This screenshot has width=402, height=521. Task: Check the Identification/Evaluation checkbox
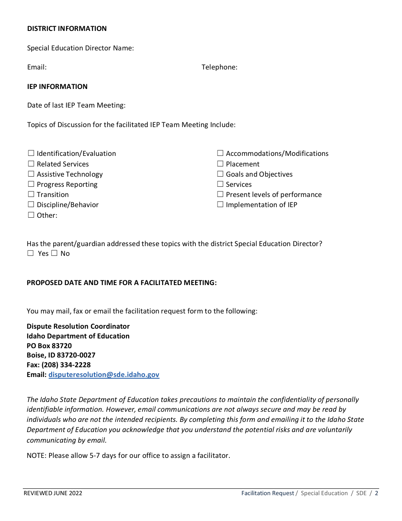click(x=31, y=153)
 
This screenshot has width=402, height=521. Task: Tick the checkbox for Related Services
click(x=31, y=164)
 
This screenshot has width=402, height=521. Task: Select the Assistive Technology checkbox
click(x=31, y=174)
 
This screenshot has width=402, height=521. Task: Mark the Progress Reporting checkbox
click(x=31, y=184)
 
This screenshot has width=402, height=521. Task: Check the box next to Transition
click(x=31, y=194)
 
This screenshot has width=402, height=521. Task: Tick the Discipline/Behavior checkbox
click(x=31, y=205)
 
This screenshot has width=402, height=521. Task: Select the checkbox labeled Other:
click(x=31, y=215)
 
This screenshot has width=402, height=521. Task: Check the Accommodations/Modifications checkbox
click(x=220, y=153)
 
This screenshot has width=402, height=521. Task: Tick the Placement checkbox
click(x=220, y=164)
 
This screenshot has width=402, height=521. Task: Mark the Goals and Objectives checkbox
click(x=220, y=174)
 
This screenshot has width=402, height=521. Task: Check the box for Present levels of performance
click(x=220, y=194)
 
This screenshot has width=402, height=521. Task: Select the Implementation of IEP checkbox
click(x=220, y=205)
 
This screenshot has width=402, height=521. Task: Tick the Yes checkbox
click(x=30, y=253)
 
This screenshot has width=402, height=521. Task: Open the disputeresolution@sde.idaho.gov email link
click(x=104, y=374)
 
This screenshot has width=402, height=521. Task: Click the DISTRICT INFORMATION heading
click(x=67, y=28)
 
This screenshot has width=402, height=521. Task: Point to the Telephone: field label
click(x=219, y=67)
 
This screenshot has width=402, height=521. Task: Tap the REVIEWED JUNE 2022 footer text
click(x=53, y=493)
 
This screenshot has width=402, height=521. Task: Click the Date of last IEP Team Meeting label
click(x=76, y=105)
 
